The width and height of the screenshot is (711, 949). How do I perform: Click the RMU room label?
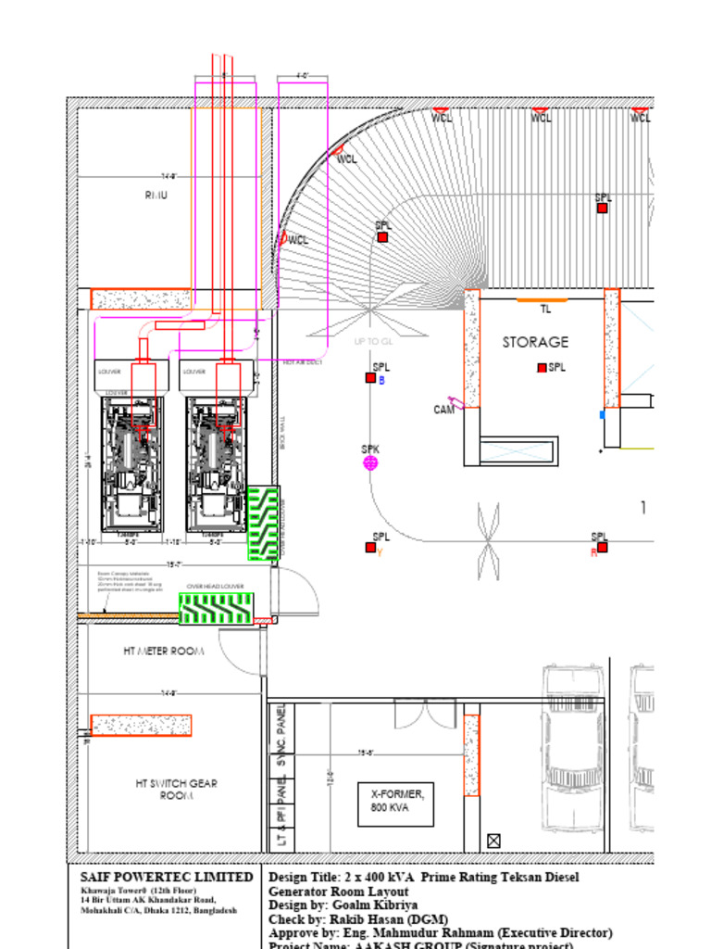pyautogui.click(x=156, y=196)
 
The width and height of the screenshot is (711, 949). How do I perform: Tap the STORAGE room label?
pyautogui.click(x=535, y=342)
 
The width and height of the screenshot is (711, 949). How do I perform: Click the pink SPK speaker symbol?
pyautogui.click(x=370, y=462)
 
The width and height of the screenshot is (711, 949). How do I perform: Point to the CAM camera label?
pyautogui.click(x=444, y=410)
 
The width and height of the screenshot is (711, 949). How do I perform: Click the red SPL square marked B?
pyautogui.click(x=370, y=377)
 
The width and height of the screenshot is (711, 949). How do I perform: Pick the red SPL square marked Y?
pyautogui.click(x=370, y=548)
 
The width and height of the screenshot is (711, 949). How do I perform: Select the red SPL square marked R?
pyautogui.click(x=602, y=547)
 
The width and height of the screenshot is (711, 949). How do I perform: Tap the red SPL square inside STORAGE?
pyautogui.click(x=542, y=368)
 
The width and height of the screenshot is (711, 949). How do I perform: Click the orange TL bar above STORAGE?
pyautogui.click(x=542, y=300)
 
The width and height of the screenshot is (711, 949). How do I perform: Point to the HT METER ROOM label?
pyautogui.click(x=163, y=652)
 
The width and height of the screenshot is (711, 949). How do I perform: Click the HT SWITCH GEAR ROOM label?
pyautogui.click(x=176, y=790)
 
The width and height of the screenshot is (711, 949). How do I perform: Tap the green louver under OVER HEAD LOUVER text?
pyautogui.click(x=215, y=608)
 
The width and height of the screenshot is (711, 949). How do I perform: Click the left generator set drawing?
pyautogui.click(x=131, y=464)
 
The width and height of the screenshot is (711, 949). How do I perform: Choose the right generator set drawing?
pyautogui.click(x=216, y=464)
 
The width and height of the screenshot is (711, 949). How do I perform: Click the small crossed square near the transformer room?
pyautogui.click(x=493, y=841)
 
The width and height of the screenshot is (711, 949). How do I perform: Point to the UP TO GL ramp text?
pyautogui.click(x=373, y=342)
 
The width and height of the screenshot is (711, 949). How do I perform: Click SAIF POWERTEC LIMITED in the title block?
pyautogui.click(x=167, y=877)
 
